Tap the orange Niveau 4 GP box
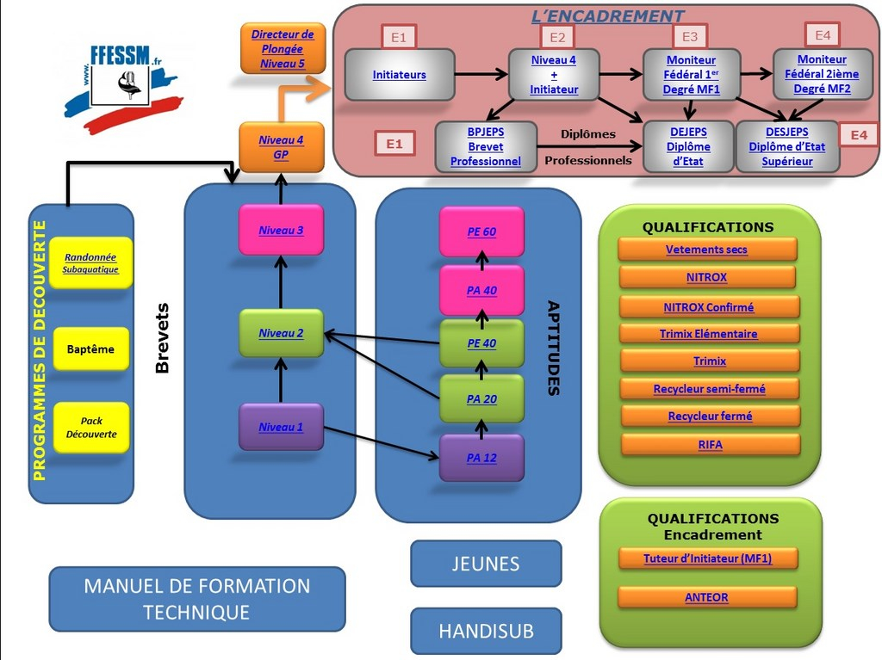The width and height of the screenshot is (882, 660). click(x=281, y=145)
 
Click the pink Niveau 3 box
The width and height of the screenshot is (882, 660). click(x=281, y=230)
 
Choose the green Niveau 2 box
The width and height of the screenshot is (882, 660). click(x=281, y=333)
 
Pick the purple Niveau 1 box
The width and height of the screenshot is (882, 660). click(x=281, y=426)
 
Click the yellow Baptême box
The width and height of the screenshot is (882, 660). click(x=90, y=349)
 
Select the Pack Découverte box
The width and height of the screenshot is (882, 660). click(x=91, y=428)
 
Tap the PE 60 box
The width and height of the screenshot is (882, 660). click(x=481, y=231)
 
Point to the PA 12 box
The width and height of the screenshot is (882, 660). click(x=481, y=458)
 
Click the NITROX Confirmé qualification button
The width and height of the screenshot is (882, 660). click(x=708, y=306)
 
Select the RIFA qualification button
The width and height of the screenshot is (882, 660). click(x=710, y=444)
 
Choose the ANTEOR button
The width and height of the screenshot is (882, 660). click(x=706, y=596)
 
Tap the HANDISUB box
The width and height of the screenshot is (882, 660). click(x=486, y=631)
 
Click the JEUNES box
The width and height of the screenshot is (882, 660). click(x=486, y=564)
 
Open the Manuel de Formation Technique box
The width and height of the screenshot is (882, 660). click(x=196, y=599)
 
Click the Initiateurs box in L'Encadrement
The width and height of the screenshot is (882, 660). click(x=399, y=75)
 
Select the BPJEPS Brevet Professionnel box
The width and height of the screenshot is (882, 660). click(x=485, y=147)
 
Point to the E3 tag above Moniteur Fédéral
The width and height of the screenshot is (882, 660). click(x=689, y=36)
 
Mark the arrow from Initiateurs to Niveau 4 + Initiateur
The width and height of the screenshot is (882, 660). click(x=480, y=75)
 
